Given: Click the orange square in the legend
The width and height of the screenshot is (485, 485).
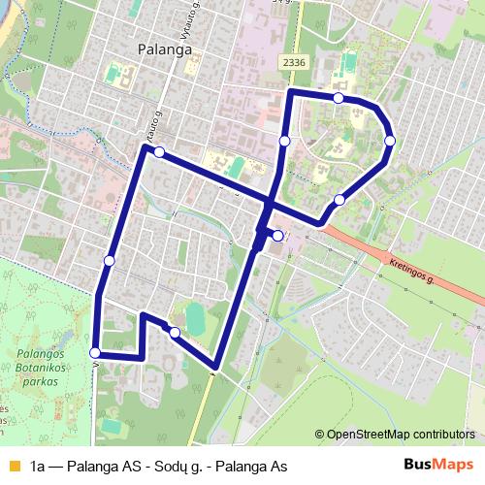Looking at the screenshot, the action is (x=13, y=466).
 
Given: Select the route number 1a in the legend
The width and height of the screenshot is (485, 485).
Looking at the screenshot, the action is (x=39, y=466).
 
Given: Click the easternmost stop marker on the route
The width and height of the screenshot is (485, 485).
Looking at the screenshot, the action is (x=390, y=141).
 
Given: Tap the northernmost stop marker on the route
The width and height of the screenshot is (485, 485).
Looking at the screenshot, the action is (x=338, y=98).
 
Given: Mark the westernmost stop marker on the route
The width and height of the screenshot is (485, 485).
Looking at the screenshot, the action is (x=94, y=353).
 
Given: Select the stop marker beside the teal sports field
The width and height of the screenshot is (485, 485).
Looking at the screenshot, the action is (x=175, y=333).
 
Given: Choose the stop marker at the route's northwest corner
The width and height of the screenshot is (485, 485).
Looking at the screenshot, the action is (x=158, y=152).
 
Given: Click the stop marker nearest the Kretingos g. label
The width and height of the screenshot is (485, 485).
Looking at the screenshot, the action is (x=339, y=200).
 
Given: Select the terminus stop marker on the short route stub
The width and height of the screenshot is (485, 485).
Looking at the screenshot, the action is (x=277, y=236).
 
